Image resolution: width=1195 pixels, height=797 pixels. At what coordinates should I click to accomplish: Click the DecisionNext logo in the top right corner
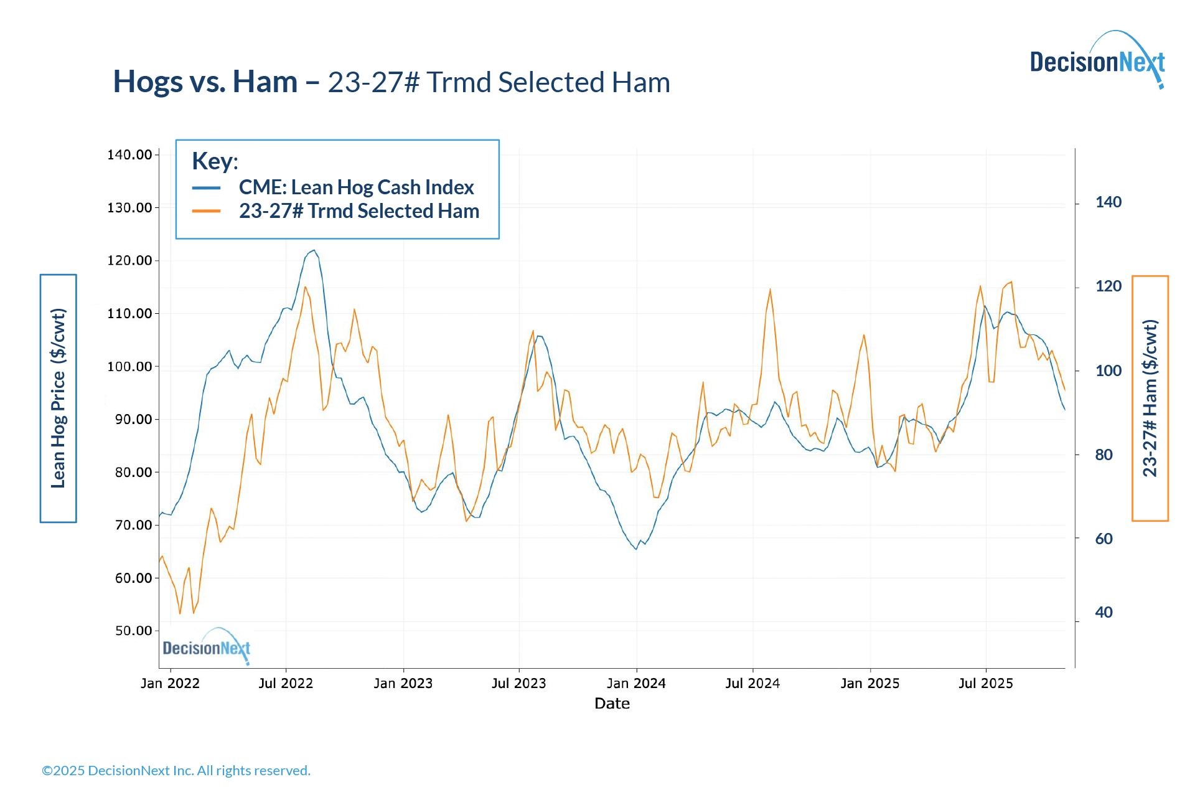pyautogui.click(x=1097, y=61)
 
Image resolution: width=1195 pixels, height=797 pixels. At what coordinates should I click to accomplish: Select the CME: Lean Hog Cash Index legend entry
pyautogui.click(x=356, y=187)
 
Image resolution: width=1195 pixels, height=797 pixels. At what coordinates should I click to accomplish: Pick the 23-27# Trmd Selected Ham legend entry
pyautogui.click(x=358, y=211)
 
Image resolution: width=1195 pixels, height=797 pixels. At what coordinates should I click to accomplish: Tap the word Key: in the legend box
pyautogui.click(x=215, y=161)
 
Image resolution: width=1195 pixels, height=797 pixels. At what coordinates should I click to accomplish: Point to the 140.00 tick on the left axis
pyautogui.click(x=129, y=154)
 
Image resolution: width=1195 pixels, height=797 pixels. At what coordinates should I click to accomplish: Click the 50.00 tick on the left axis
pyautogui.click(x=133, y=631)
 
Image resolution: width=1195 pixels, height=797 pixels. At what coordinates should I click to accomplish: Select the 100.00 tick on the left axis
pyautogui.click(x=129, y=366)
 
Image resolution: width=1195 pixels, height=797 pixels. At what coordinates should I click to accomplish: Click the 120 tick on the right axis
pyautogui.click(x=1108, y=286)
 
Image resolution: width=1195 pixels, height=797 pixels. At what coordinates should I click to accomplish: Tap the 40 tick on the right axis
pyautogui.click(x=1104, y=613)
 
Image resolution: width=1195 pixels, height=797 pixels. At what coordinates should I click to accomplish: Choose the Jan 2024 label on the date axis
pyautogui.click(x=636, y=684)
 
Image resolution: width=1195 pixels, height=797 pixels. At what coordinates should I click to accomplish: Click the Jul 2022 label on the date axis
pyautogui.click(x=286, y=684)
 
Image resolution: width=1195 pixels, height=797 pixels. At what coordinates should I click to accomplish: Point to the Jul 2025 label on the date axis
pyautogui.click(x=986, y=684)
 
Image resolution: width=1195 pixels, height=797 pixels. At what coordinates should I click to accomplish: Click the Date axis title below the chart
pyautogui.click(x=612, y=704)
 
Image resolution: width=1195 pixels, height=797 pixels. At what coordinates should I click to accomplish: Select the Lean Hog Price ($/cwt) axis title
pyautogui.click(x=59, y=398)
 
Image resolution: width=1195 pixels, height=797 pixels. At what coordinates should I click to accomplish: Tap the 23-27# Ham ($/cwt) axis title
pyautogui.click(x=1150, y=398)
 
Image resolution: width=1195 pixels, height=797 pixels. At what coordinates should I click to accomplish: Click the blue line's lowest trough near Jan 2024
pyautogui.click(x=636, y=549)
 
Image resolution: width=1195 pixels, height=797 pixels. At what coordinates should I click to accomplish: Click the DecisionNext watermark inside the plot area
pyautogui.click(x=207, y=648)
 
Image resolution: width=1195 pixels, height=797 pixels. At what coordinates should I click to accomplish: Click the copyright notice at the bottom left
pyautogui.click(x=176, y=771)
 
